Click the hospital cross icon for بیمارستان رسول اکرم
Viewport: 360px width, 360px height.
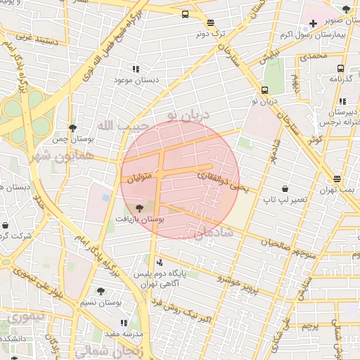tap(313, 23)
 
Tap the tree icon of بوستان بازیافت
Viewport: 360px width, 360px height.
tap(139, 208)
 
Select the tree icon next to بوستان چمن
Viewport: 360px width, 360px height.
tap(72, 127)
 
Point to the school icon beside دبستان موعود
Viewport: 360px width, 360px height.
tap(135, 69)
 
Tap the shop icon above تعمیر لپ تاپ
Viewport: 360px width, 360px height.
tap(285, 188)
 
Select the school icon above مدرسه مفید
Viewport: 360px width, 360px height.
tap(124, 323)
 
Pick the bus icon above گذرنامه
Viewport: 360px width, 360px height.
tap(340, 68)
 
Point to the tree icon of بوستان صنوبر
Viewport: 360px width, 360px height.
tap(345, 9)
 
